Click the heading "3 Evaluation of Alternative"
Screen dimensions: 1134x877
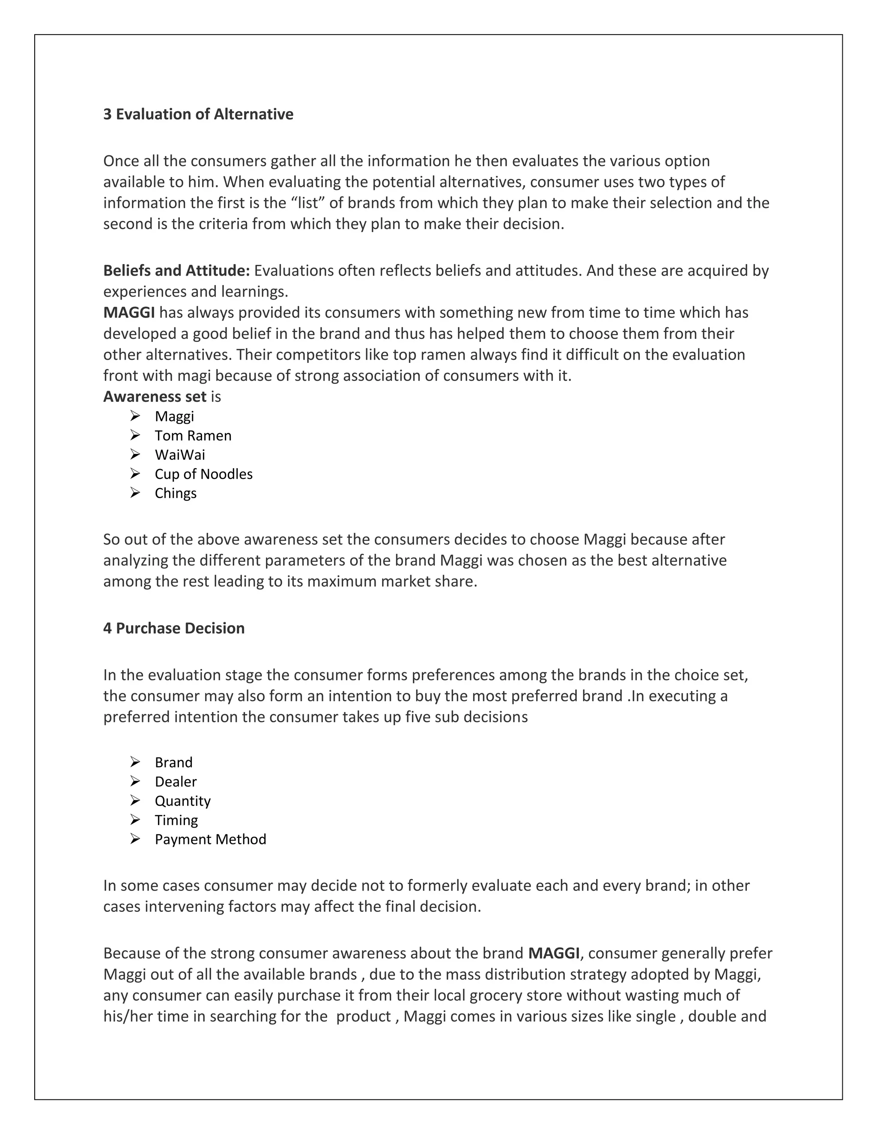(x=198, y=114)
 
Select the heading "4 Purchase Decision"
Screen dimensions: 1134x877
(x=173, y=628)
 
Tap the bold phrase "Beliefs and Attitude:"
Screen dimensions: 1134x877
(x=177, y=270)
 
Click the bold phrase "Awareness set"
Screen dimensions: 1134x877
(x=155, y=397)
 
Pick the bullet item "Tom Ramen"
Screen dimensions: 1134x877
(x=193, y=436)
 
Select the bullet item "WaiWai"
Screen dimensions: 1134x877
(x=180, y=455)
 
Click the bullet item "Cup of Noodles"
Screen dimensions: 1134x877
(x=204, y=474)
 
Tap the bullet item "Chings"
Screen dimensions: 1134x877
(x=176, y=493)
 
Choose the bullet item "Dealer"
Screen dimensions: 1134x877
(x=176, y=781)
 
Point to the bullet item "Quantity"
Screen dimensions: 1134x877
(x=182, y=801)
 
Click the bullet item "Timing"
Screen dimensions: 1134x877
(x=176, y=820)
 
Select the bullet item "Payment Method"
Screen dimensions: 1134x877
(x=210, y=839)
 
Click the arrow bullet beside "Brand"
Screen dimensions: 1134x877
(x=135, y=762)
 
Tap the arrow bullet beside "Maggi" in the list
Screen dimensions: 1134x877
(x=135, y=416)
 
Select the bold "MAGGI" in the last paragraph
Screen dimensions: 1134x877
(x=553, y=953)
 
